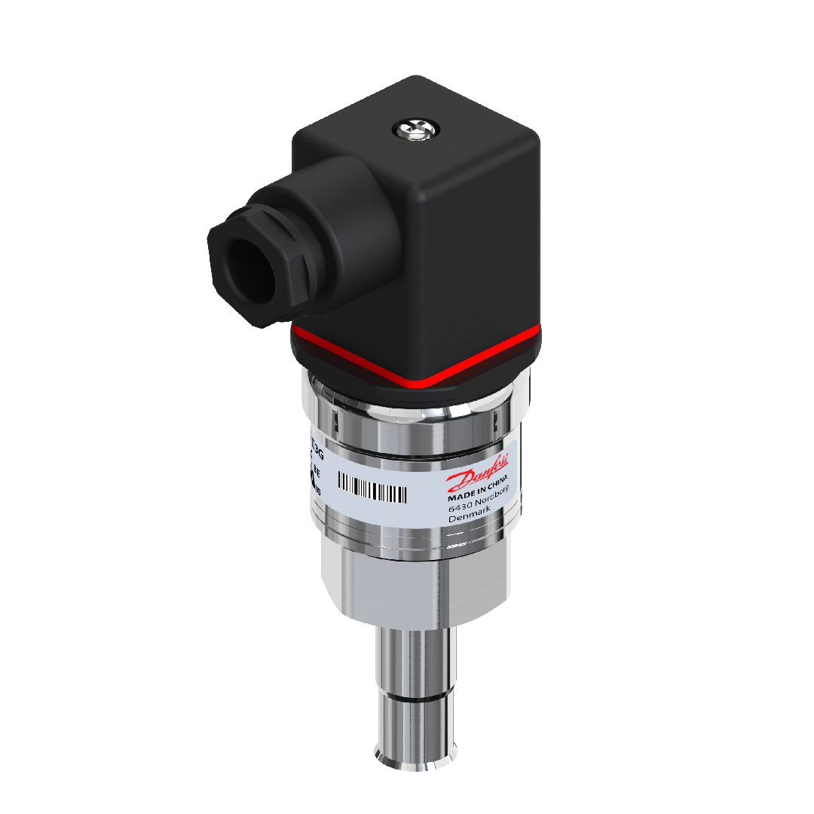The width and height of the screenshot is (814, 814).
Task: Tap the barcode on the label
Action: click(x=372, y=488)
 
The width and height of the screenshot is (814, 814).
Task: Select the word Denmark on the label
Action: click(x=470, y=515)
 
